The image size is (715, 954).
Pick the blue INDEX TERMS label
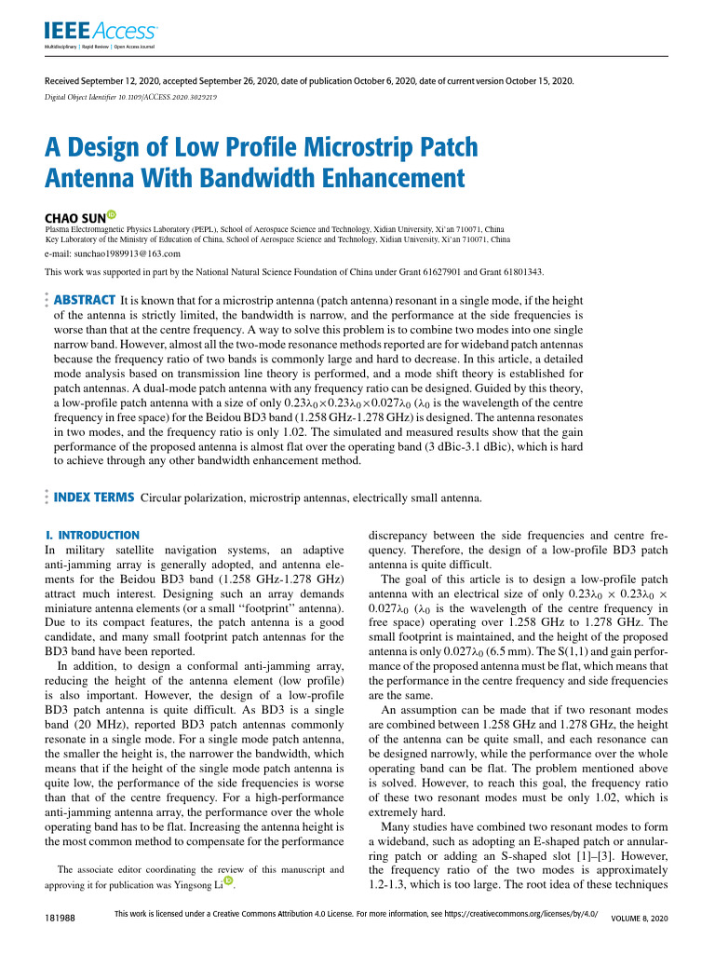point(94,497)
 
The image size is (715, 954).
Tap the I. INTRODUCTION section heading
point(92,536)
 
